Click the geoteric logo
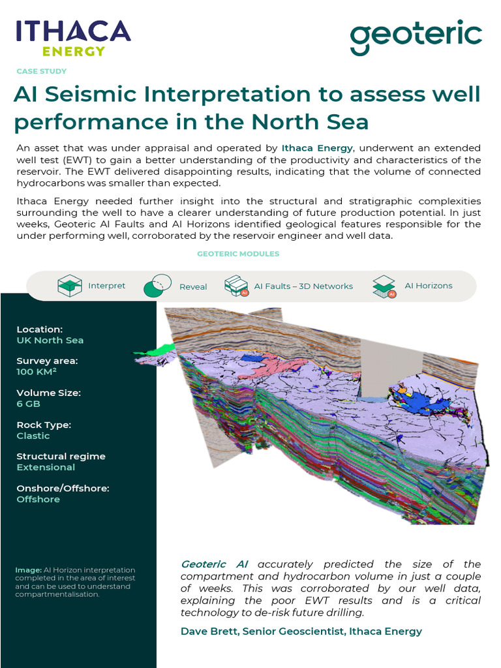416,38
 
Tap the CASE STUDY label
41,71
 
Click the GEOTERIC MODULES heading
238,254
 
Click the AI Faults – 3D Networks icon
235,286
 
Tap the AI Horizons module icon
384,286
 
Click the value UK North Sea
50,340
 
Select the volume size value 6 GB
29,404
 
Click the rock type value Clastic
33,436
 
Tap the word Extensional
46,467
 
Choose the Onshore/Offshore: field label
63,488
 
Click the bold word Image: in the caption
29,570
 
